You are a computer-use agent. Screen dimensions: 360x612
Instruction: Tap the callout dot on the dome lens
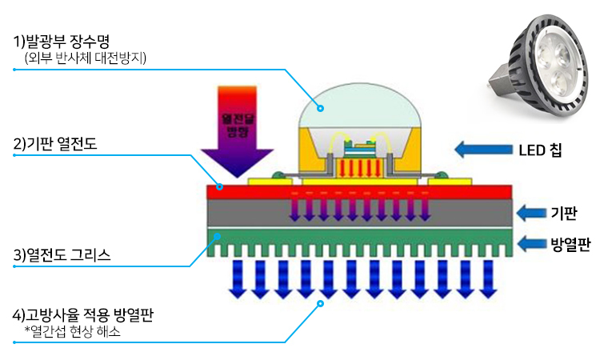pos(319,109)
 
